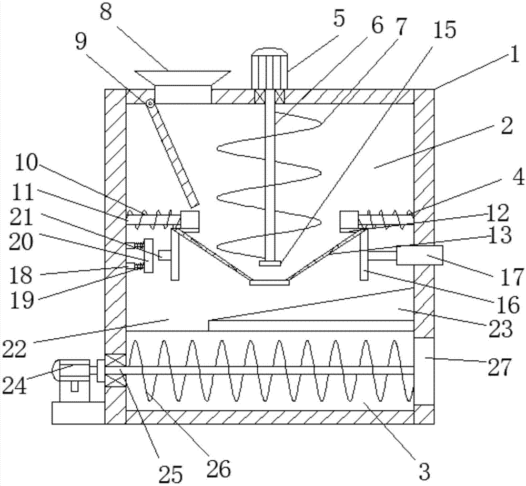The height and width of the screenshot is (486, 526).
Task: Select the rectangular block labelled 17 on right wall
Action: pos(420,256)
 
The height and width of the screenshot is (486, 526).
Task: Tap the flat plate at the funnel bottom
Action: pos(269,283)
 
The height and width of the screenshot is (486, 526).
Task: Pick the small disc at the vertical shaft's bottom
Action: pos(269,262)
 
